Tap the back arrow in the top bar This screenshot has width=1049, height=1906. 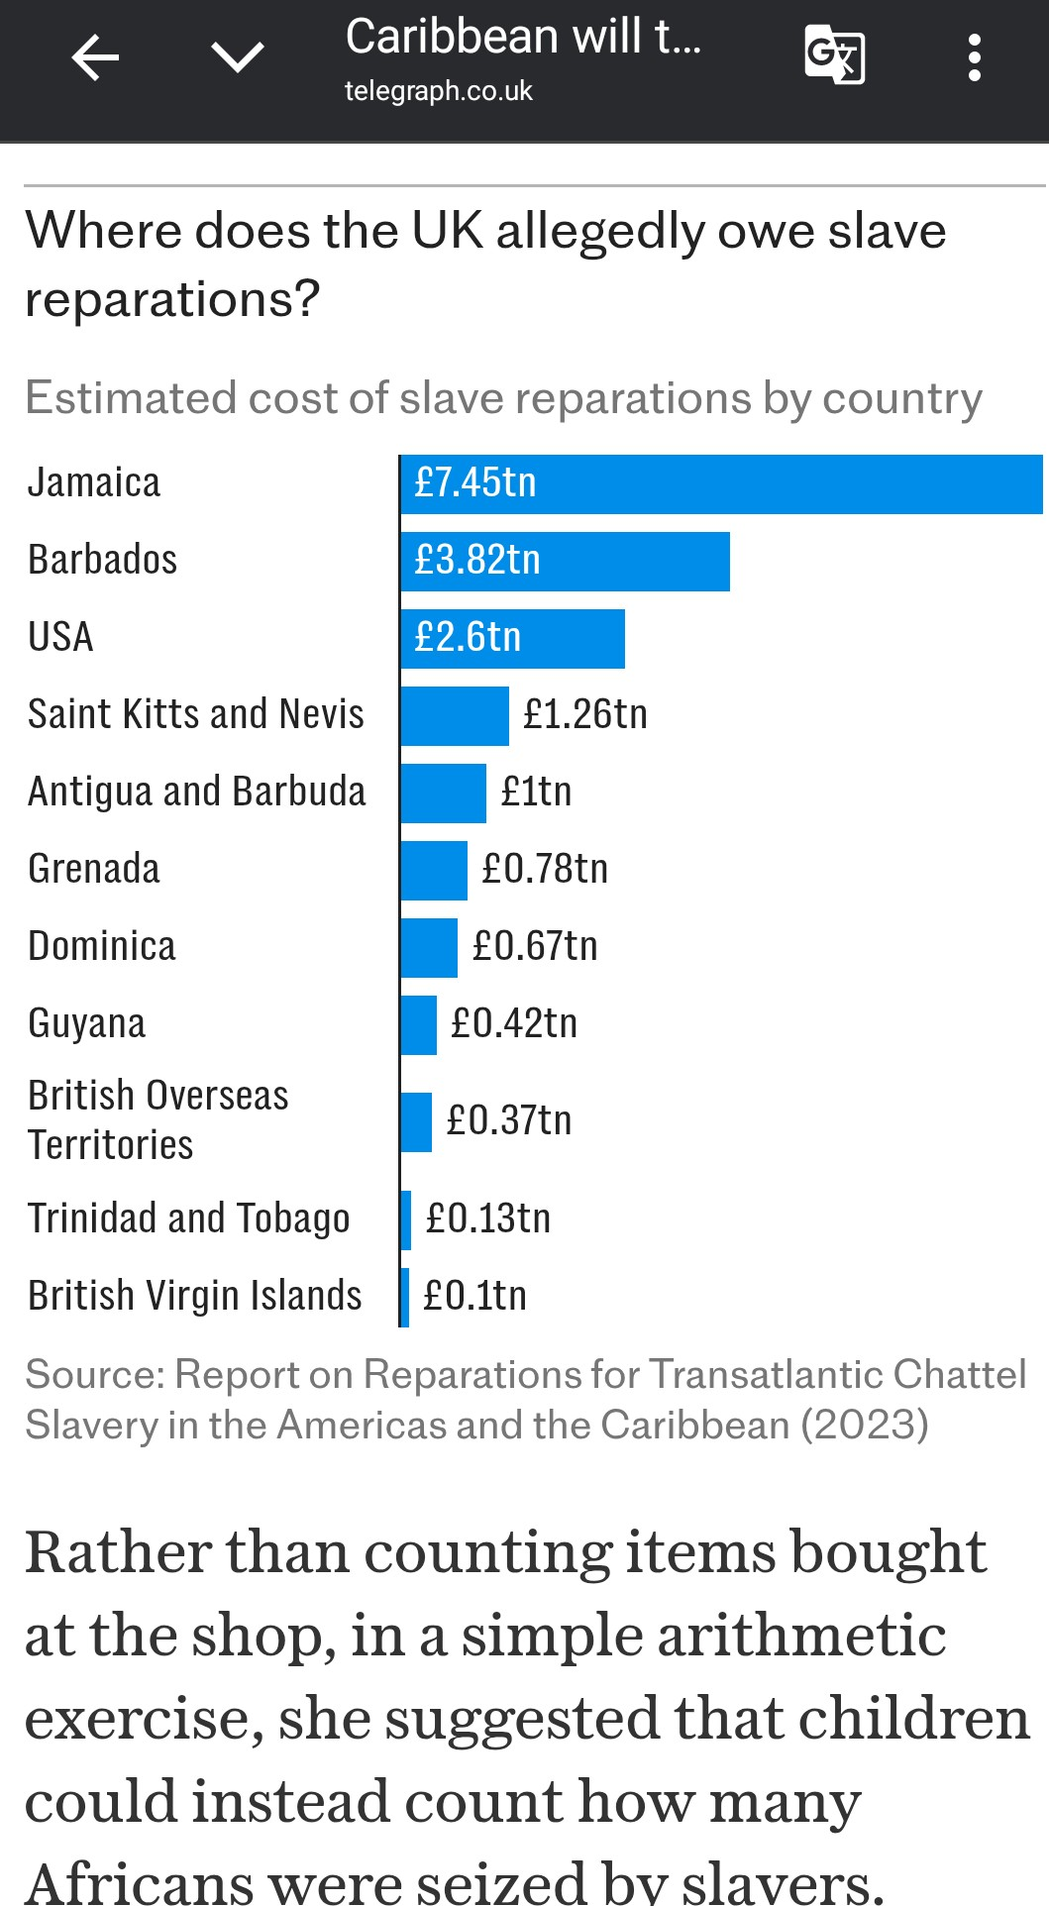[95, 57]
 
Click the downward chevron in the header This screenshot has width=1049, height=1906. [238, 57]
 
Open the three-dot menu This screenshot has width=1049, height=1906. [975, 57]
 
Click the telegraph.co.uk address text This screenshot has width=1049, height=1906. [438, 92]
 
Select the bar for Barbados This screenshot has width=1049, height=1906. [566, 562]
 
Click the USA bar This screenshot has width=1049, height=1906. [513, 639]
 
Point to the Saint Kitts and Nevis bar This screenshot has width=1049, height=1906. [455, 716]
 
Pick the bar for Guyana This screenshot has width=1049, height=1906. [419, 1025]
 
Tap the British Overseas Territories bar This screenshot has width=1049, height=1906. [416, 1122]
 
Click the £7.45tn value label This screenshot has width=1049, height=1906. [475, 483]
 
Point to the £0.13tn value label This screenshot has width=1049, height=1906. [487, 1218]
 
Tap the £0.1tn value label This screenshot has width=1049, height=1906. [474, 1296]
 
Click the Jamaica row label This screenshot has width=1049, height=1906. [94, 483]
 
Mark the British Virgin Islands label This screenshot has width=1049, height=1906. [195, 1296]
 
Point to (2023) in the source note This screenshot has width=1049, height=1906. [865, 1426]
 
